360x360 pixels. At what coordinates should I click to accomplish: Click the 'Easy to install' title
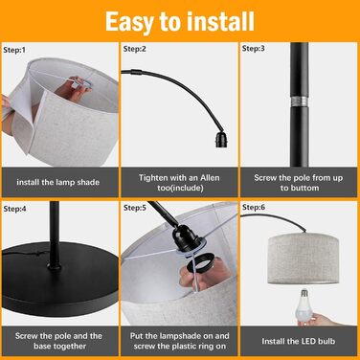[x=180, y=22]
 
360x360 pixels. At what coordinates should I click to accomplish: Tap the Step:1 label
[x=14, y=50]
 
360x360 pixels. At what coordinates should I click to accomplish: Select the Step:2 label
[x=134, y=49]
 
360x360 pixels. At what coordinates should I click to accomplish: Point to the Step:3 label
[x=254, y=48]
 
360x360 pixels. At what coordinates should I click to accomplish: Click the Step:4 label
[x=14, y=209]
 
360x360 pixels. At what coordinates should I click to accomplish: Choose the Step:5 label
[x=135, y=208]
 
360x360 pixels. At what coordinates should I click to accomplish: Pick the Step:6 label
[x=254, y=207]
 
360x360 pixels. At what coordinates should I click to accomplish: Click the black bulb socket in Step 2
[x=221, y=139]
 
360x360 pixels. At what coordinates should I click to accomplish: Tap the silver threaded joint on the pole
[x=299, y=101]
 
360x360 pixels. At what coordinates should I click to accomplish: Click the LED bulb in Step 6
[x=304, y=304]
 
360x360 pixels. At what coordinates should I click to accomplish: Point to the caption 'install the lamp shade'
[x=58, y=182]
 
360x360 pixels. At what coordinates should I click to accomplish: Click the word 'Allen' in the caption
[x=210, y=178]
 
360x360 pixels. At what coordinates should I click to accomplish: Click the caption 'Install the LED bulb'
[x=299, y=341]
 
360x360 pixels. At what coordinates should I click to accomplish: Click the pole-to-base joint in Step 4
[x=55, y=265]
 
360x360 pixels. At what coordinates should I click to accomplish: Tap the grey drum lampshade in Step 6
[x=303, y=259]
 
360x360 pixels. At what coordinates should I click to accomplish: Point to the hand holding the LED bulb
[x=314, y=319]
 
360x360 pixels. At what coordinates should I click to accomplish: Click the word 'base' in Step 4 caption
[x=43, y=347]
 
